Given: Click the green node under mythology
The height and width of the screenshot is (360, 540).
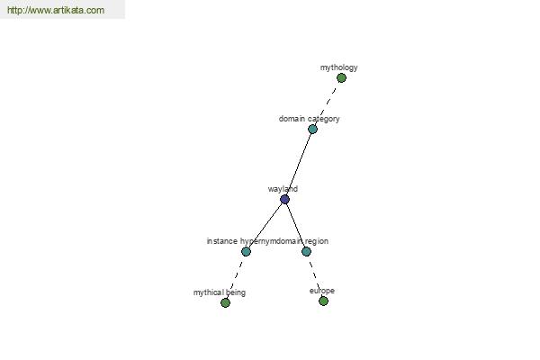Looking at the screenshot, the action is point(341,78).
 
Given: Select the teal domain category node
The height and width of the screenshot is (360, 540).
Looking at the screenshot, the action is point(312,130).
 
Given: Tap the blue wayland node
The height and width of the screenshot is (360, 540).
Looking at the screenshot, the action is point(284,200).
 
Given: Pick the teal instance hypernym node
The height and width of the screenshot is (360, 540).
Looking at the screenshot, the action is point(246,251).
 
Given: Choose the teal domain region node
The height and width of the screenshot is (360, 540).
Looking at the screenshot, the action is point(306,251).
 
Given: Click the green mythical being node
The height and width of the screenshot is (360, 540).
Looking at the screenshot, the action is point(225,302).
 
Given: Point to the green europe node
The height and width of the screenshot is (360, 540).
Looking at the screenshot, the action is point(323,301).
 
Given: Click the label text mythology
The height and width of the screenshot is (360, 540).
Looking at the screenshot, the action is point(339,67).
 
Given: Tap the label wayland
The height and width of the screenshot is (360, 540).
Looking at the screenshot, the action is point(283,189).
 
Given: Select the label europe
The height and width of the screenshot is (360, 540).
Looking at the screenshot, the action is point(322,291).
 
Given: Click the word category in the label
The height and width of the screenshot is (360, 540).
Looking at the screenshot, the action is point(323,119).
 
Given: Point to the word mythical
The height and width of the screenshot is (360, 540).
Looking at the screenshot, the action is point(209,292).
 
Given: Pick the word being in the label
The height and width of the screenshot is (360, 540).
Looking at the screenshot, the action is point(236,292).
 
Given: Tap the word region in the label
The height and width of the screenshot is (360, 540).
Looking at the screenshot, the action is point(317,241).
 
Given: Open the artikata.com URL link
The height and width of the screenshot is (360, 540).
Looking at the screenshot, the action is point(56,10).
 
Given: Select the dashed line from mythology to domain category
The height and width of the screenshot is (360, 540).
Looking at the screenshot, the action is point(327,103).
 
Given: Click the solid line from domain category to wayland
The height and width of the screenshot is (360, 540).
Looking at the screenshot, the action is point(299,165).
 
